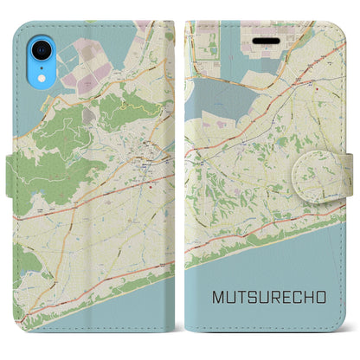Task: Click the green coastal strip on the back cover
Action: pyautogui.click(x=87, y=294)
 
